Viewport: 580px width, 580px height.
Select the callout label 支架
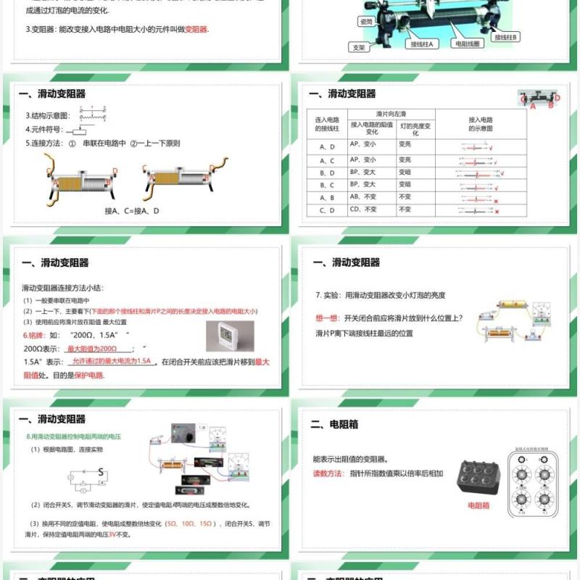pos(358,47)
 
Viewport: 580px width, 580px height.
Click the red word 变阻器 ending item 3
pos(196,30)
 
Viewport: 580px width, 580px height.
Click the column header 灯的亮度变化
pos(415,128)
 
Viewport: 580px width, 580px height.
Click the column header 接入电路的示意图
pos(480,124)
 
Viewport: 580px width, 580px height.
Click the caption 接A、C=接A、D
pos(132,211)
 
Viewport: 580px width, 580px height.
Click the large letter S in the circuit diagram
pos(101,473)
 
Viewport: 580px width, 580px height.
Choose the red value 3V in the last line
pos(112,534)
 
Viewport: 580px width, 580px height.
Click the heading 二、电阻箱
pos(334,424)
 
